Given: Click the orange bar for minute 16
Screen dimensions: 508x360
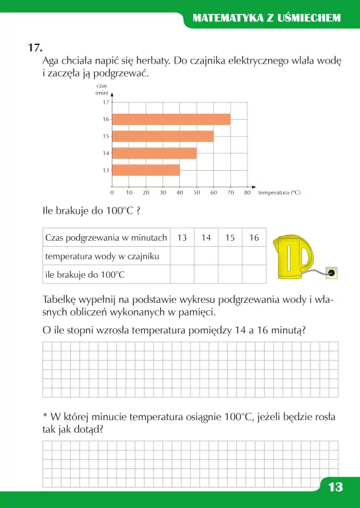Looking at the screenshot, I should pyautogui.click(x=171, y=119).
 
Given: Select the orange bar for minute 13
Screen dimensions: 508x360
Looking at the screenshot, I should pyautogui.click(x=146, y=170).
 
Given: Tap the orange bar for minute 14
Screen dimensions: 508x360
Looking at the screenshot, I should pyautogui.click(x=154, y=153).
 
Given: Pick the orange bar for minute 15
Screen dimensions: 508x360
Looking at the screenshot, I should pyautogui.click(x=163, y=136).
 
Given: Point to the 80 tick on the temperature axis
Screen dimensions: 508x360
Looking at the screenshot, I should pyautogui.click(x=247, y=192).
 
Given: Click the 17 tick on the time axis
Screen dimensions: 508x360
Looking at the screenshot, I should pyautogui.click(x=106, y=103).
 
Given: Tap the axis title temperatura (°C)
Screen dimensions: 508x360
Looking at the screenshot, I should pyautogui.click(x=279, y=192).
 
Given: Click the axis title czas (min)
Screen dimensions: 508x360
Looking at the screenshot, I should pyautogui.click(x=102, y=90).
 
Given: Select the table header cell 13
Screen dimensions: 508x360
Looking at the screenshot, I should pyautogui.click(x=182, y=237).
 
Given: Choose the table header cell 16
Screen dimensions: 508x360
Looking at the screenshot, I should pyautogui.click(x=254, y=237).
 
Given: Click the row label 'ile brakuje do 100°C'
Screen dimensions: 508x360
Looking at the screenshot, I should pyautogui.click(x=85, y=274).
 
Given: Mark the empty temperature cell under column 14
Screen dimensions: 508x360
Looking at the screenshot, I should pyautogui.click(x=206, y=255).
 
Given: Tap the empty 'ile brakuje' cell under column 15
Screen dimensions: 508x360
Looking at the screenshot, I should pyautogui.click(x=230, y=274).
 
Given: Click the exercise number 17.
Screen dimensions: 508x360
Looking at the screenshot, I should pyautogui.click(x=36, y=48).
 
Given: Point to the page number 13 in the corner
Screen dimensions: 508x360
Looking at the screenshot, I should pyautogui.click(x=336, y=487).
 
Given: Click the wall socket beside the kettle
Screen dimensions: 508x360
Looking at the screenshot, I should pyautogui.click(x=332, y=271).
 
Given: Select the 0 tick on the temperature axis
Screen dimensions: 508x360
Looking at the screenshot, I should pyautogui.click(x=112, y=192).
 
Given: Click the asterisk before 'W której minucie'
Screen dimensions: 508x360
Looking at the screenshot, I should pyautogui.click(x=45, y=417).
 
